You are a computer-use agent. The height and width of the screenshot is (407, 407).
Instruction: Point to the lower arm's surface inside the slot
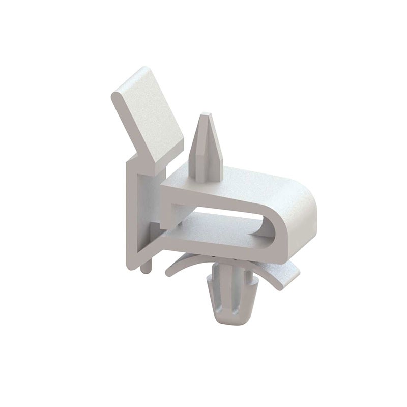(219, 229)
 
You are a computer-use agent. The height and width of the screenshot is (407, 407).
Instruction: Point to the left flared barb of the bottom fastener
(211, 285)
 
